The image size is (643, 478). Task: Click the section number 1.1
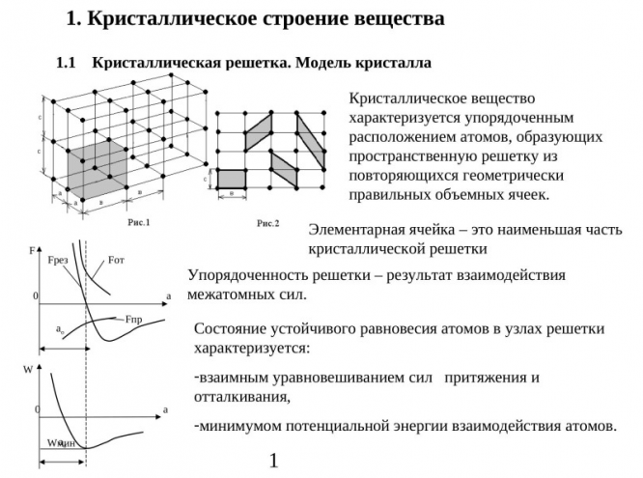pos(67,63)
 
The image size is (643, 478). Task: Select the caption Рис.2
pos(267,223)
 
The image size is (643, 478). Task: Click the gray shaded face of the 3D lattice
pos(97,170)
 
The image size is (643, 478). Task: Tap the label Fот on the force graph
pos(116,259)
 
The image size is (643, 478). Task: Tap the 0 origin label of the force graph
pos(35,295)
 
